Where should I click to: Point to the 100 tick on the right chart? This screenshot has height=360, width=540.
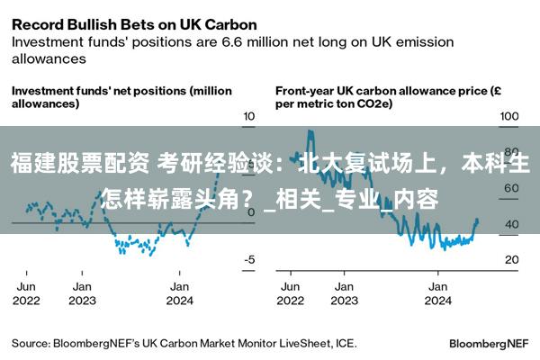[x=509, y=117]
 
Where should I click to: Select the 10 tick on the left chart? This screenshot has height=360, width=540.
[x=249, y=117]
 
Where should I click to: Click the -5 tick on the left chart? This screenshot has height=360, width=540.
[x=249, y=259]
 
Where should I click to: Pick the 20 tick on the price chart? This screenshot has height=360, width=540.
[x=511, y=259]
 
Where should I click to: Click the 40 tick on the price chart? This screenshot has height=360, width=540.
[x=511, y=224]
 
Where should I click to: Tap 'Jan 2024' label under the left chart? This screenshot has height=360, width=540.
[x=178, y=292]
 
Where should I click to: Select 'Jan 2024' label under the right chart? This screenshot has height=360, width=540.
[x=437, y=292]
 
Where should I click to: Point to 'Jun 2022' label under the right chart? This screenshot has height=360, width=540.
[x=291, y=292]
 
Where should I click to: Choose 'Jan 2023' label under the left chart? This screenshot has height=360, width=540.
[x=82, y=292]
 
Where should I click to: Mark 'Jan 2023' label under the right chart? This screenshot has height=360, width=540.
[x=343, y=292]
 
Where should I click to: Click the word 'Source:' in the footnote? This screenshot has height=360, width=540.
[x=31, y=343]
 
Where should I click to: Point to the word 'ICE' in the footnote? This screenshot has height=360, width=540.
[x=345, y=343]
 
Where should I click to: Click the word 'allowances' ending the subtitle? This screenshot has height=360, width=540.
[x=49, y=58]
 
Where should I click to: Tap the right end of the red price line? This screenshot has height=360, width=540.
[x=477, y=221]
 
